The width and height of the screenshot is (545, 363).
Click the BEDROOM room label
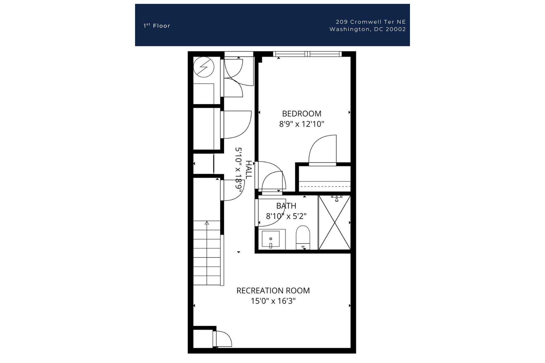click(x=302, y=114)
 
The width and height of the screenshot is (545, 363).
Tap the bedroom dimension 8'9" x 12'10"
click(x=302, y=124)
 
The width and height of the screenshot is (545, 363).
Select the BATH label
click(x=286, y=206)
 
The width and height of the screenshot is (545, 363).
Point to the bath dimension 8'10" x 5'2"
click(x=286, y=216)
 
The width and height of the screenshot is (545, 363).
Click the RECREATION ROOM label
click(x=273, y=291)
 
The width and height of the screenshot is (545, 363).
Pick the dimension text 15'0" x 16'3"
click(x=273, y=301)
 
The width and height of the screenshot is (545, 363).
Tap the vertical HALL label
click(x=248, y=170)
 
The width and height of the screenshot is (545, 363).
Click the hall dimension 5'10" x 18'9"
click(x=239, y=168)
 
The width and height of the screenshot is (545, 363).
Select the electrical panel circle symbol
click(x=204, y=67)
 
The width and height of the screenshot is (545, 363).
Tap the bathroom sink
click(x=270, y=239)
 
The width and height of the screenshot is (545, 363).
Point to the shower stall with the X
click(x=334, y=223)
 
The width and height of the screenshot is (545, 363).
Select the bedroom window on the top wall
click(x=307, y=54)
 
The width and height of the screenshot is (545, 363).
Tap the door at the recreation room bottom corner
click(x=223, y=339)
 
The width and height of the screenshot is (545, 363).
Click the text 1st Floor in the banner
click(x=157, y=26)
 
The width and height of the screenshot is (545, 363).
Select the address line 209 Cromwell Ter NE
click(x=371, y=22)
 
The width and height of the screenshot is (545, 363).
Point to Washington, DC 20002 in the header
click(x=368, y=29)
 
